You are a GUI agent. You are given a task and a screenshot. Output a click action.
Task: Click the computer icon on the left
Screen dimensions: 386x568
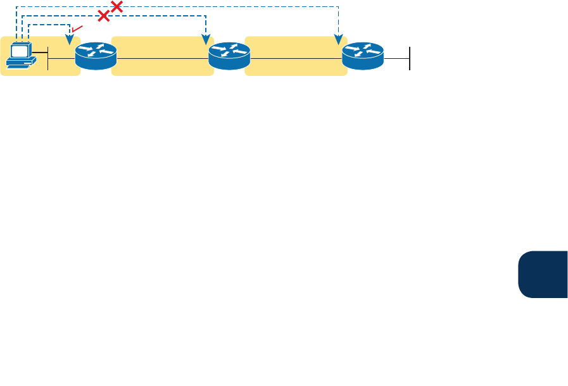tap(21, 54)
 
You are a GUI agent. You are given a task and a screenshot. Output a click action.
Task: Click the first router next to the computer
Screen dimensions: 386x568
tap(96, 56)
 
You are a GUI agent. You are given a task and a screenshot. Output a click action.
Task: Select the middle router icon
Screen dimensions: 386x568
tap(229, 56)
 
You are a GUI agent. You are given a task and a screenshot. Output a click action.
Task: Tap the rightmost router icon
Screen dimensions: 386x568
tap(363, 56)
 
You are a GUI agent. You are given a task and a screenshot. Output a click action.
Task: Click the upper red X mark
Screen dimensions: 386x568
tap(117, 7)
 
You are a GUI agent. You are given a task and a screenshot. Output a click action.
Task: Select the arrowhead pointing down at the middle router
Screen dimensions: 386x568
tap(205, 41)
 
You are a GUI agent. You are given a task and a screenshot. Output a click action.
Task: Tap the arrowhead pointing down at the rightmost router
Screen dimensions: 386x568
tap(338, 41)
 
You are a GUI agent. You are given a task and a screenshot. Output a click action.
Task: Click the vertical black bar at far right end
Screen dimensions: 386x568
tap(410, 58)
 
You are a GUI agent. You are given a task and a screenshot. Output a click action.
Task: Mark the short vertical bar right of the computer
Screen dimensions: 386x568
tap(47, 58)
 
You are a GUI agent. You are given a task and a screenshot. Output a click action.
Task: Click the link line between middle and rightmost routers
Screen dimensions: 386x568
tap(296, 59)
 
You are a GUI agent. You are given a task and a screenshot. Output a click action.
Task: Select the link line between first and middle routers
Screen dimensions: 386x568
tap(162, 59)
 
